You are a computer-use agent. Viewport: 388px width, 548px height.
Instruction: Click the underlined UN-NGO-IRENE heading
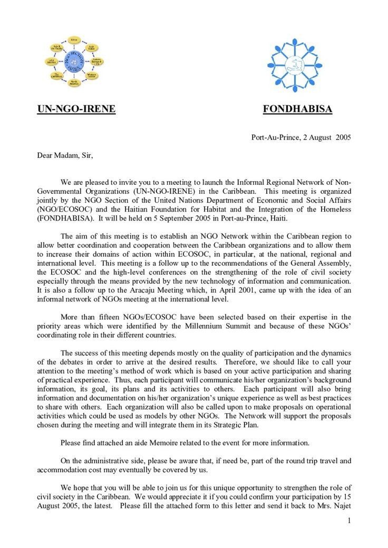76,109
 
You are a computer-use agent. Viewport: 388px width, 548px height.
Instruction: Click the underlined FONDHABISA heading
297,109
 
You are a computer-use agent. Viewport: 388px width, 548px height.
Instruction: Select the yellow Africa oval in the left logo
74,39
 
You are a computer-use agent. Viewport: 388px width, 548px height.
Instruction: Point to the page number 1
349,521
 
